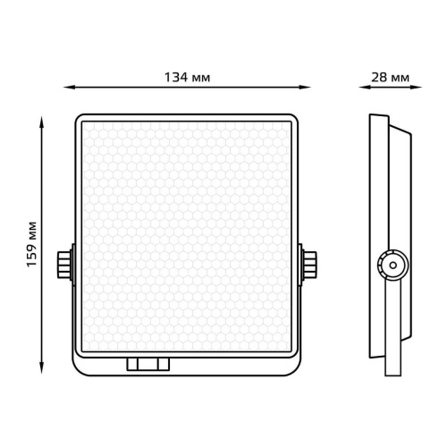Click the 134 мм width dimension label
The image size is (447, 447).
[188, 78]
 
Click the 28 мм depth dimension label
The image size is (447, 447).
[390, 78]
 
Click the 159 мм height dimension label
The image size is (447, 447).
[32, 244]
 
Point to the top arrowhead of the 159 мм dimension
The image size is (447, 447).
[42, 122]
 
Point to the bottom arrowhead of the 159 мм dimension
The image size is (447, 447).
[42, 367]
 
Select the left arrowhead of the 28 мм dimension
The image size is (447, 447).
[364, 88]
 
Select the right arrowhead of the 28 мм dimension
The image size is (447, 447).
[417, 88]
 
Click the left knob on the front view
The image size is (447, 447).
[64, 265]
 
